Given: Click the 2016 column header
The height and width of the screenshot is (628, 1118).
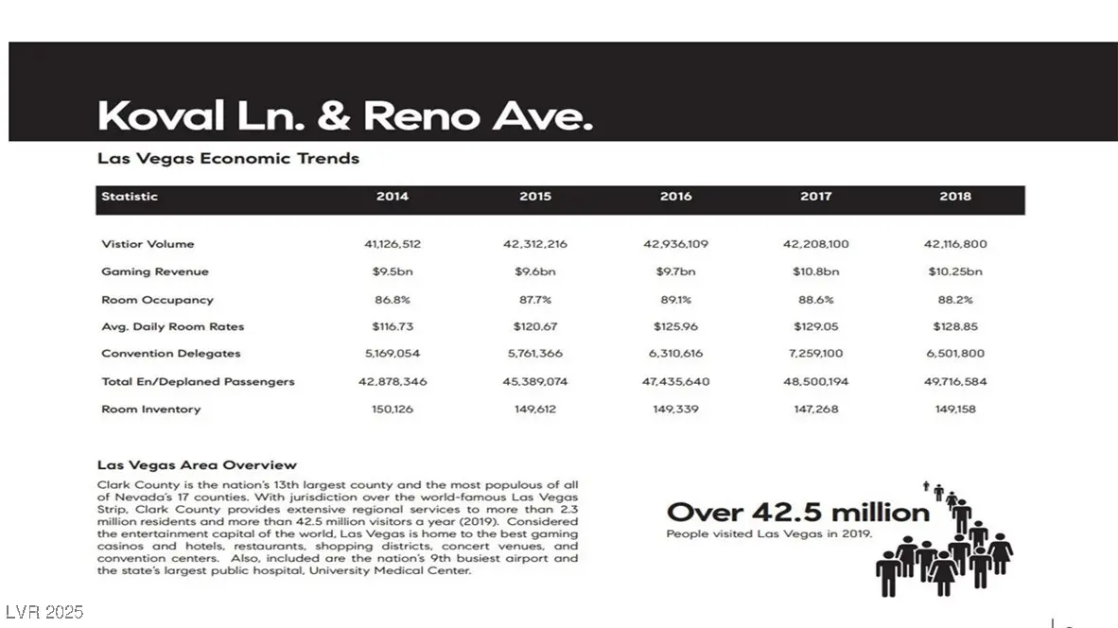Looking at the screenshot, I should pos(675,197).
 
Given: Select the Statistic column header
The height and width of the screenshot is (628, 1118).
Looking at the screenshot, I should pos(130,197).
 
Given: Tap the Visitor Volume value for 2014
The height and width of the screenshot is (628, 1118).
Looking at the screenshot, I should pos(393,244).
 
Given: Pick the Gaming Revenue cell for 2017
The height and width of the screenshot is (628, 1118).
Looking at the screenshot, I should pos(815,271).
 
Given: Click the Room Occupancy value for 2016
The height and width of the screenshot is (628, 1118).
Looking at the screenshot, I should pos(675,300).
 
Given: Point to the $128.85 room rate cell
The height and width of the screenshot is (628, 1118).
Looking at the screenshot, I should pos(955,327).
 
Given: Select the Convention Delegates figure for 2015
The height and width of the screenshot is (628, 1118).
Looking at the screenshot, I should pos(535,354).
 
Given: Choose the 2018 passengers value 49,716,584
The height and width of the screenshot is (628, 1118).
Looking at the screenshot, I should pos(955,382).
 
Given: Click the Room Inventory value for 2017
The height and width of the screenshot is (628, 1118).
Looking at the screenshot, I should pos(815,410).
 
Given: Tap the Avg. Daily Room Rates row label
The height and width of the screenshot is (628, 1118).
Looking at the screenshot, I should pos(173,327).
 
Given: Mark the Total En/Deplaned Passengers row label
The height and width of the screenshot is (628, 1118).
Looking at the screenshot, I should pos(198,382).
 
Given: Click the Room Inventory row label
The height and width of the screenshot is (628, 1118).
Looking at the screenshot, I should pos(151,410).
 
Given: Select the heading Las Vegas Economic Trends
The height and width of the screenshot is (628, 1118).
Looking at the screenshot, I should pos(228,159).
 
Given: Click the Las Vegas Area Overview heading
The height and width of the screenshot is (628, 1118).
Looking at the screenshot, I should pos(197,465).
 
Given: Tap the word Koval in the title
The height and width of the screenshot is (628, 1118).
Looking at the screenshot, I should pos(161,116).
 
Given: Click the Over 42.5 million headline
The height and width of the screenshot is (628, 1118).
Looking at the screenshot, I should pos(798,514).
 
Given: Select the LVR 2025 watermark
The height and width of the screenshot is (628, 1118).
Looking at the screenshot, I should pos(44,612).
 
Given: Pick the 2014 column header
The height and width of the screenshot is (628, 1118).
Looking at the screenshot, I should pos(393,197).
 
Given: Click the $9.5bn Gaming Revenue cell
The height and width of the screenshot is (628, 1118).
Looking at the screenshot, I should pos(393,271).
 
